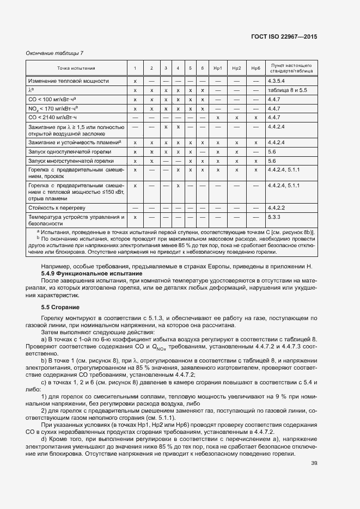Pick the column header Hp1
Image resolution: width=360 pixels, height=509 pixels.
pos(218,68)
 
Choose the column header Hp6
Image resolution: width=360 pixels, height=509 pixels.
pos(255,68)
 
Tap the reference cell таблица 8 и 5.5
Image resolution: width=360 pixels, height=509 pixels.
pos(288,90)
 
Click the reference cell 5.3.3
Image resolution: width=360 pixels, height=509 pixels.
pos(273,217)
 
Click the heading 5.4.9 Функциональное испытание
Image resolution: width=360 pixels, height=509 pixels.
pos(83,273)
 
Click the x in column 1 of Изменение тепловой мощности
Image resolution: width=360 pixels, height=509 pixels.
pos(135,81)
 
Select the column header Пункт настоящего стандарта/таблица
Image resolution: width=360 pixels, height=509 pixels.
pos(291,68)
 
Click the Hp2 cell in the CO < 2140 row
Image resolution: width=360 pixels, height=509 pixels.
pos(236,118)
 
